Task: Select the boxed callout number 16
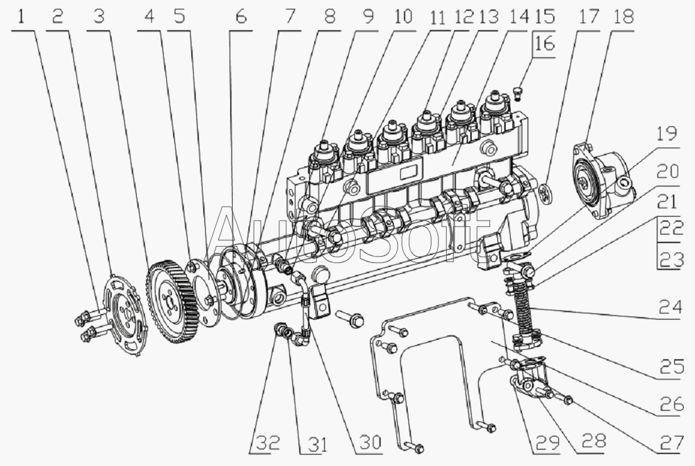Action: [x=544, y=45]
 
